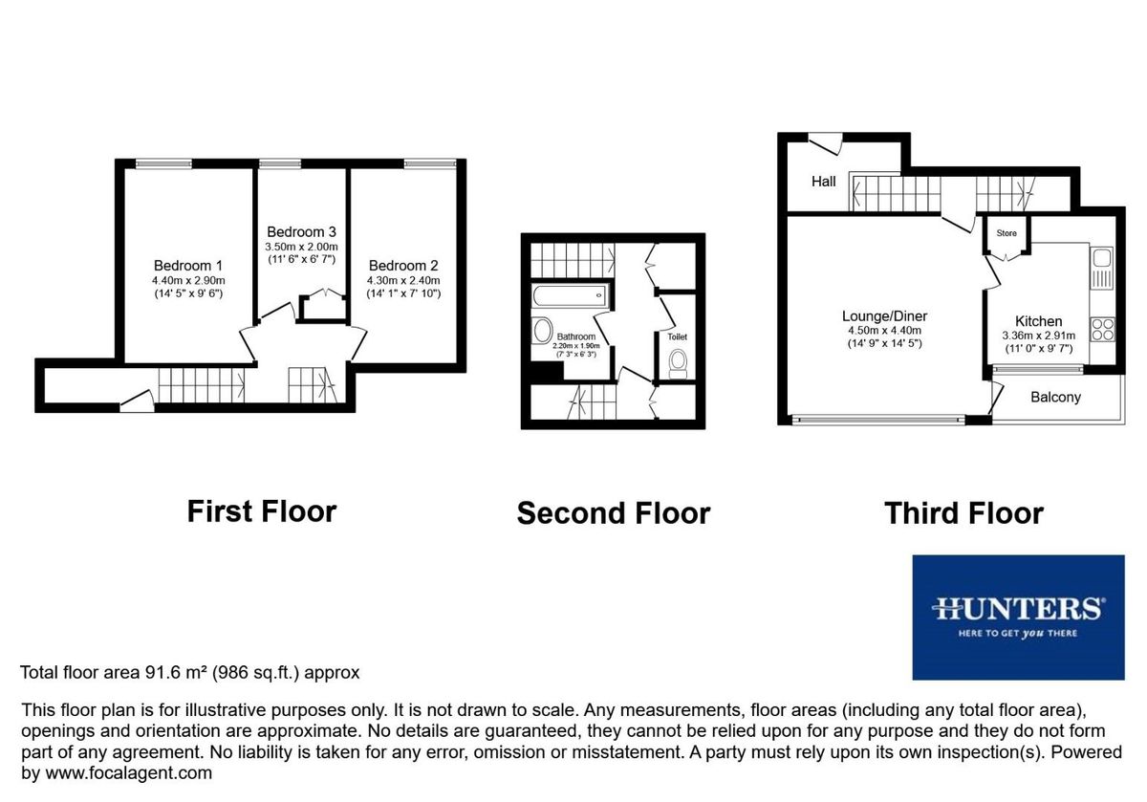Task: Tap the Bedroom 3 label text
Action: tap(301, 231)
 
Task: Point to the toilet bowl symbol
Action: tap(679, 361)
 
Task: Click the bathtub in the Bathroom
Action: tap(570, 295)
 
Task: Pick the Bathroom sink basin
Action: tap(542, 332)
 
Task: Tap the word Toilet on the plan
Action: tap(678, 336)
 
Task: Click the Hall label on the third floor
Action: tap(823, 181)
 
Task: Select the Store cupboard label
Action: tap(1006, 233)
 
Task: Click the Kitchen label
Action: tap(1039, 321)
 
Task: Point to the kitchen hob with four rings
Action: tap(1102, 329)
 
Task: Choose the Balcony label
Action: tap(1055, 397)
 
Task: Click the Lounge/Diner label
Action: tap(884, 316)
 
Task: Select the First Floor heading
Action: tap(261, 510)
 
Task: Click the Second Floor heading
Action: tap(613, 513)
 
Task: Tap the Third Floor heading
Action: tap(963, 513)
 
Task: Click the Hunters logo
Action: tap(1018, 617)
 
